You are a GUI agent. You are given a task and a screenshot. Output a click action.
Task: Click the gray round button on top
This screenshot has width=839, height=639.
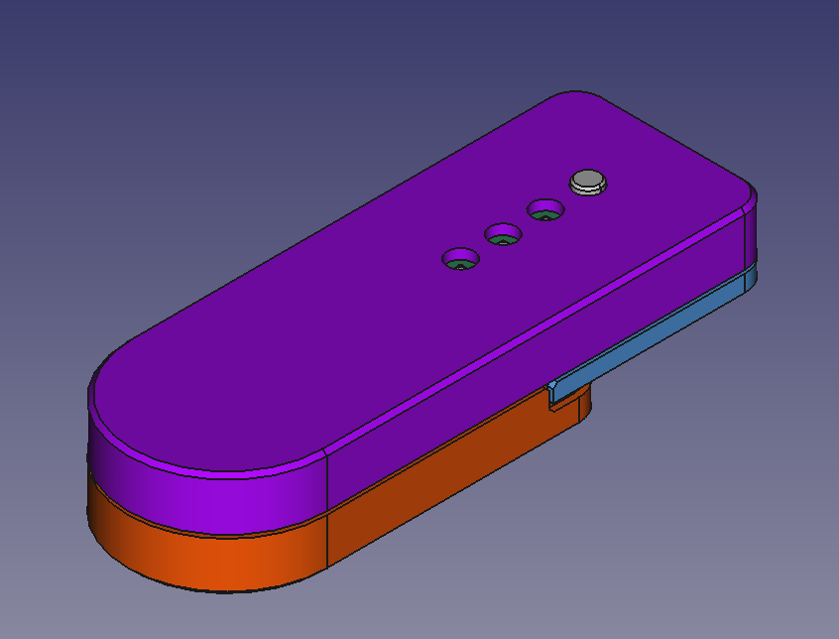587,181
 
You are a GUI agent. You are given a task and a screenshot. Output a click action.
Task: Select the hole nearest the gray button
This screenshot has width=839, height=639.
544,210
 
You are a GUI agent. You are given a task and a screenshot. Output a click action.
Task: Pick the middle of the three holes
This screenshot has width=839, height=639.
503,235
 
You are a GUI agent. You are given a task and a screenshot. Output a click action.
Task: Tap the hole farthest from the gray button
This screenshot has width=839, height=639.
459,259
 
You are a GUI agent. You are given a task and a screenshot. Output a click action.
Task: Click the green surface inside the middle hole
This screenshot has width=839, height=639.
504,239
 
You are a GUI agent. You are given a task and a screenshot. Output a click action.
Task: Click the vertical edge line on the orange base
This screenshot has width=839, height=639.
327,541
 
